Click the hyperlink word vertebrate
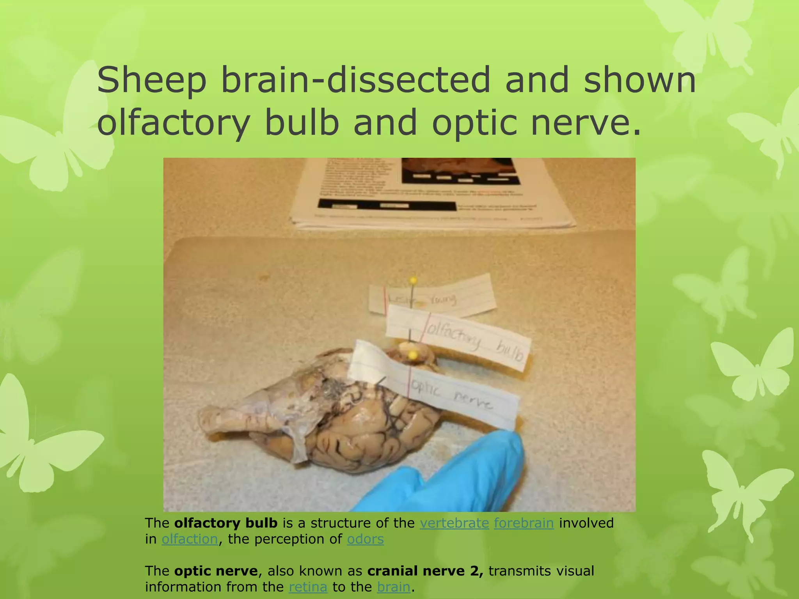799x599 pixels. [x=454, y=523]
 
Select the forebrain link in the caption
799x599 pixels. [x=524, y=523]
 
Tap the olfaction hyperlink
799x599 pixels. [x=190, y=539]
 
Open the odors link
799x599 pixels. [x=365, y=539]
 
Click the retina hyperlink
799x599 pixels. [x=308, y=587]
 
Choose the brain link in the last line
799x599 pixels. [x=394, y=587]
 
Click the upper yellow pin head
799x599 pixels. [x=413, y=280]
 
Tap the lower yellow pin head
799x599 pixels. [x=412, y=355]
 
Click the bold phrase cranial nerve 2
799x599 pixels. [x=425, y=571]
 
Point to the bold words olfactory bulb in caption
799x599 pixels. [x=225, y=523]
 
